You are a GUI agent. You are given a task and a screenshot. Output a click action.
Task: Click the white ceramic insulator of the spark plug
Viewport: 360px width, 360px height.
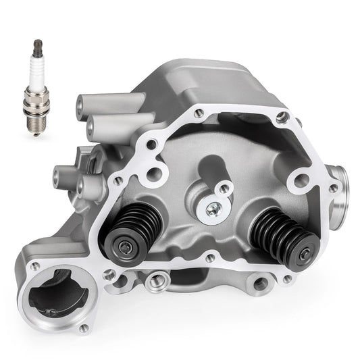point(34,67)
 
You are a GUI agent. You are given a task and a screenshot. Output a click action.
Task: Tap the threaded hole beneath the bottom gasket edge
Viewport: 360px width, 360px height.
point(155,278)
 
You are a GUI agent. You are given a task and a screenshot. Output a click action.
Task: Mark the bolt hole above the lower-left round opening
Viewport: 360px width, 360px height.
point(36,266)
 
